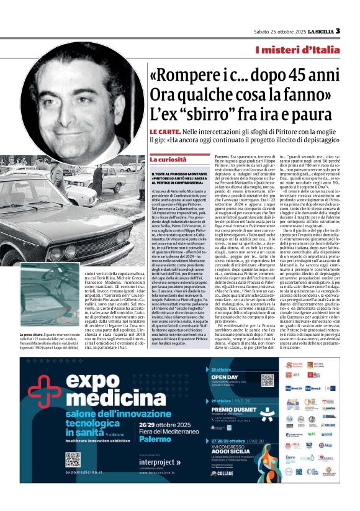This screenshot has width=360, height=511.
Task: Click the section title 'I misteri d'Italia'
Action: pyautogui.click(x=306, y=49)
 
